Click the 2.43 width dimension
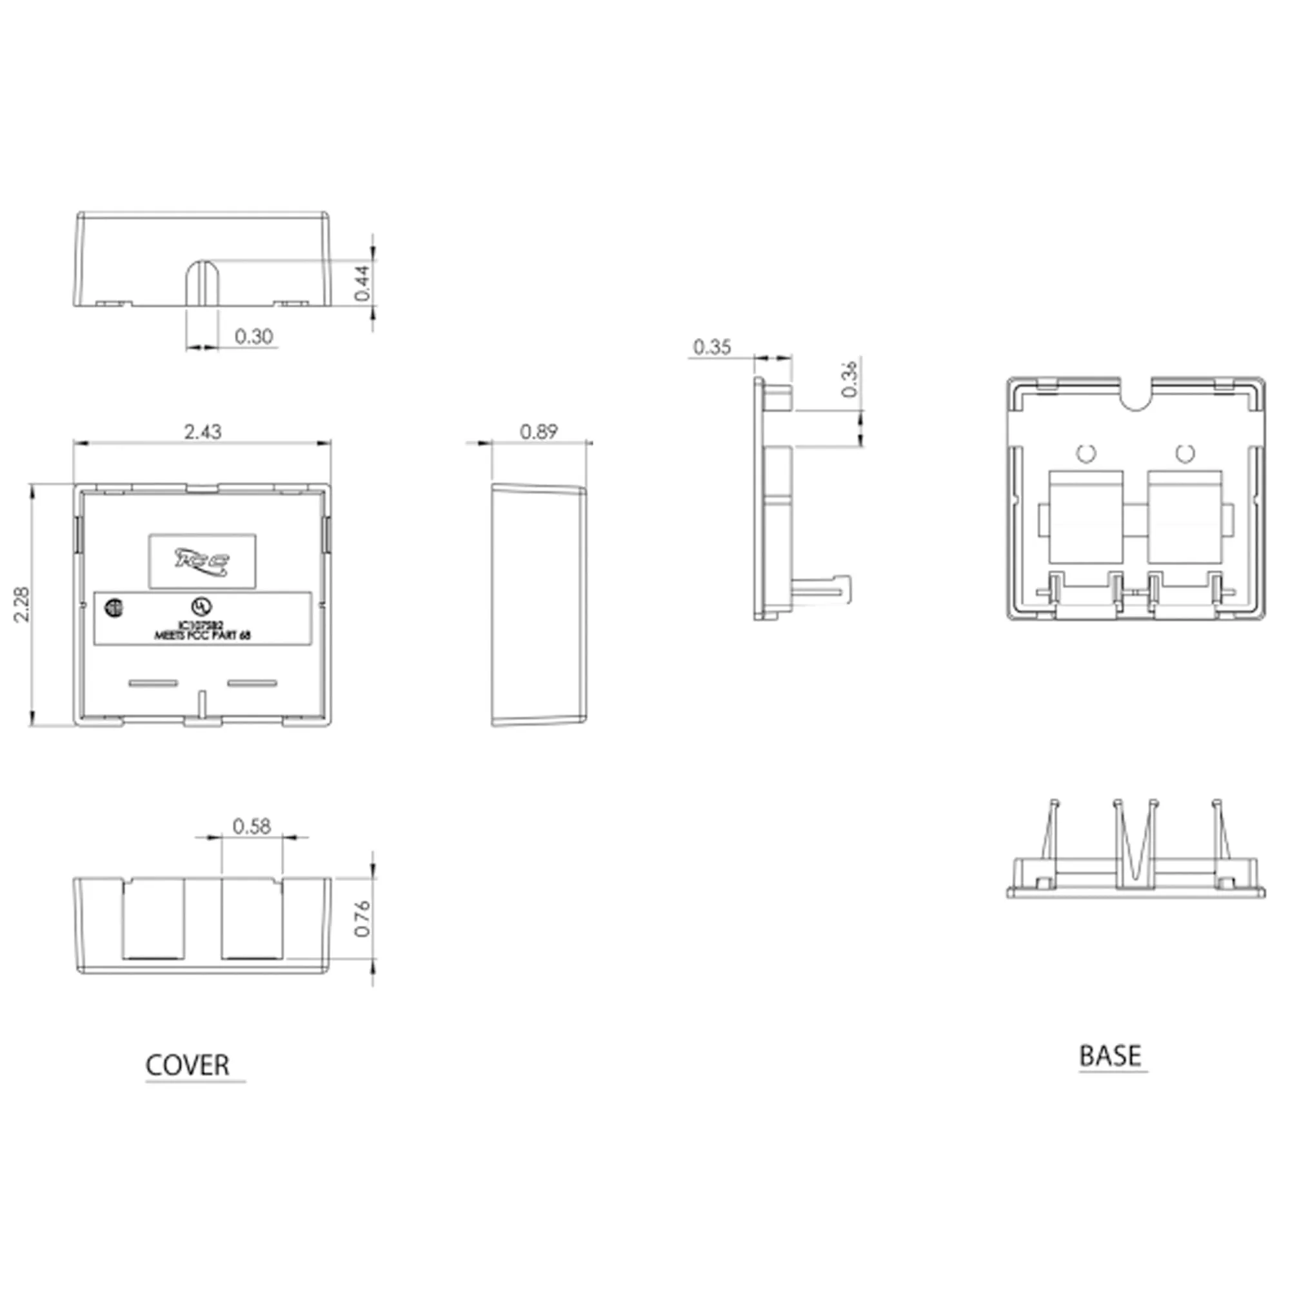point(203,432)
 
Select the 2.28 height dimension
point(22,604)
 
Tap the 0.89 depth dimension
point(538,432)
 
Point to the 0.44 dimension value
point(362,283)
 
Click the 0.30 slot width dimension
point(253,336)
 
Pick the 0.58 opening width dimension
point(252,827)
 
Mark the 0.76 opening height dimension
point(362,918)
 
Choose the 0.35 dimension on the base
point(712,346)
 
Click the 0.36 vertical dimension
point(849,378)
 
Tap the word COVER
point(188,1066)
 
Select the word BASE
point(1109,1057)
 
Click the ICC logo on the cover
point(203,562)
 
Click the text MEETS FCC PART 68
point(203,637)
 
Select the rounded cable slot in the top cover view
point(203,284)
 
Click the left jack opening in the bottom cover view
point(153,918)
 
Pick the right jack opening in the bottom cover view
point(252,918)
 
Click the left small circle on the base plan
point(1086,453)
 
